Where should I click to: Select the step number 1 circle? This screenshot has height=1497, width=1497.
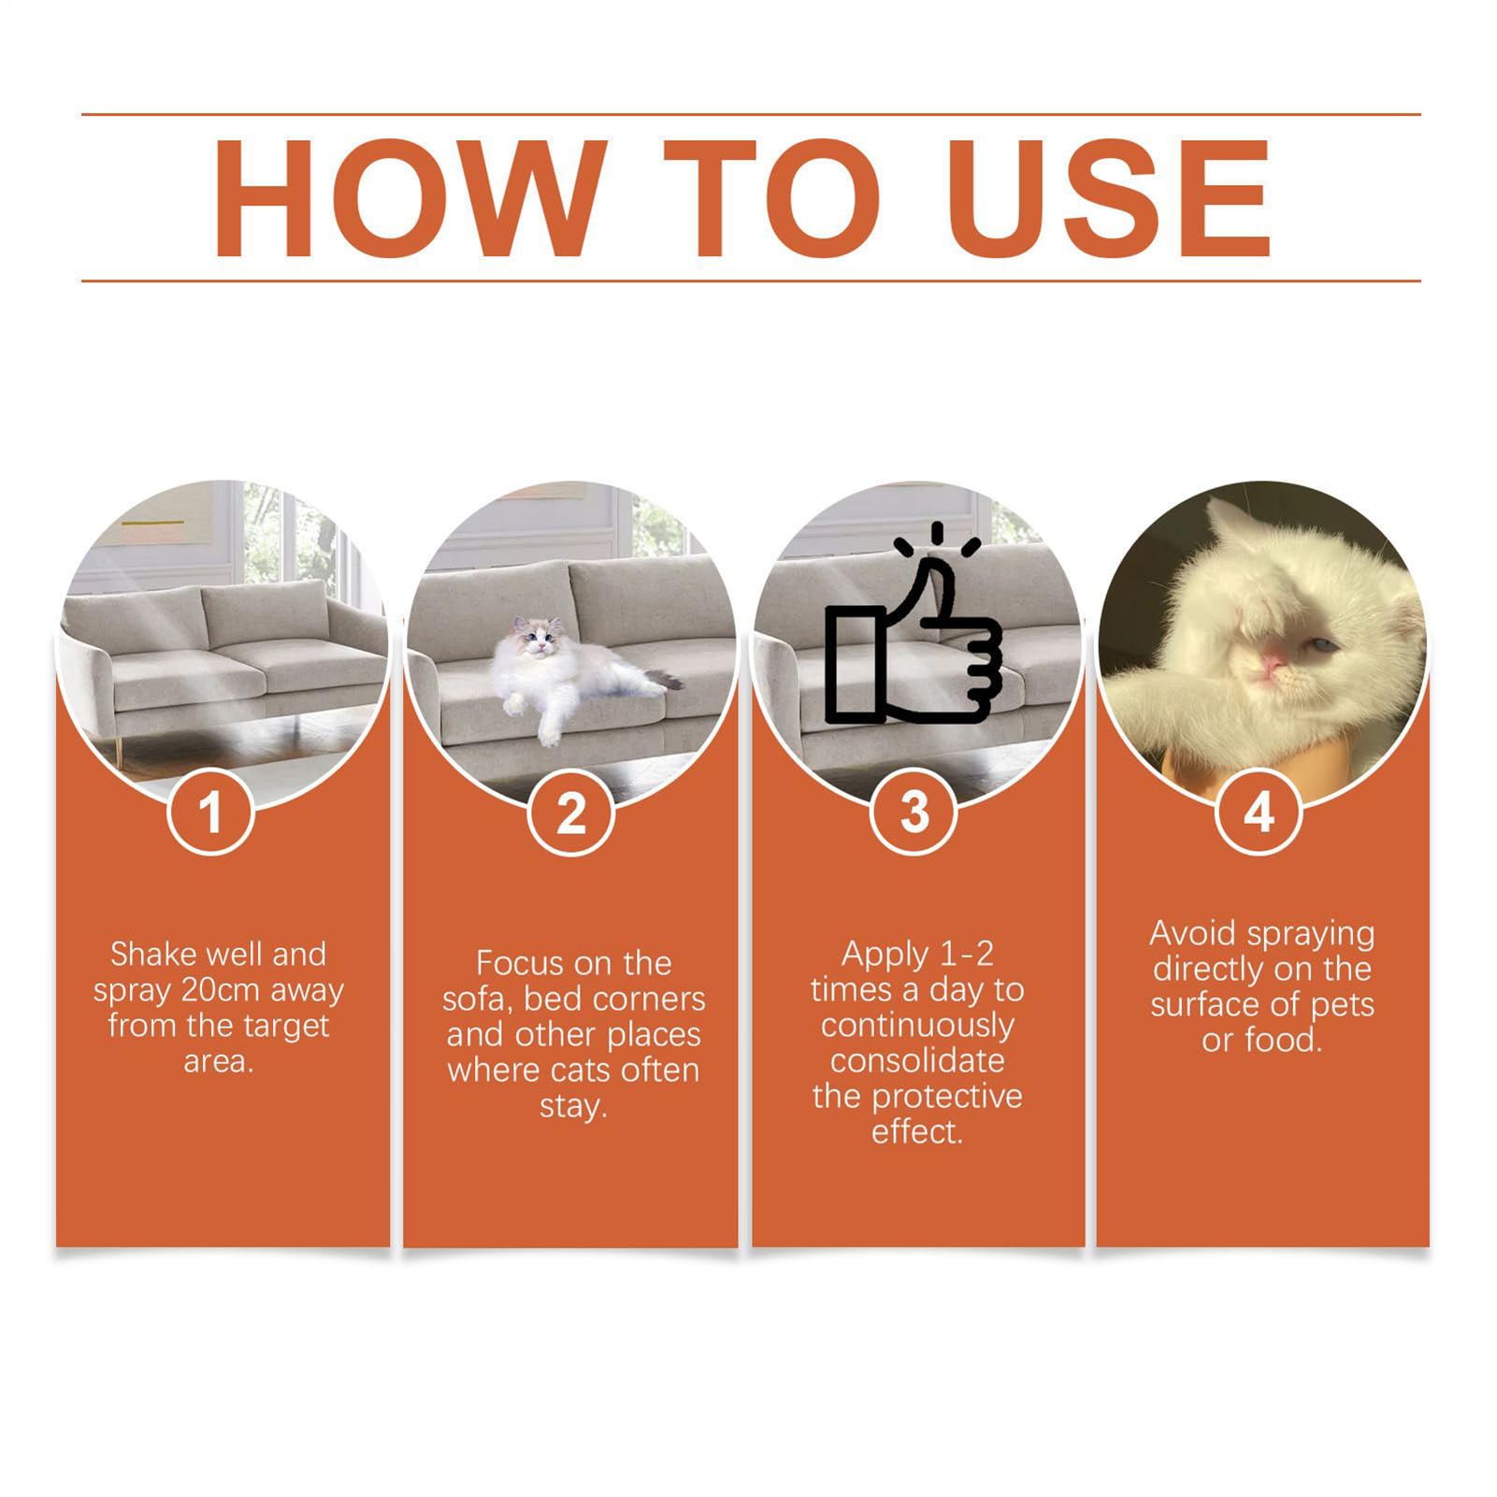[211, 812]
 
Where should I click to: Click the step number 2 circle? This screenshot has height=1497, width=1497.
[570, 812]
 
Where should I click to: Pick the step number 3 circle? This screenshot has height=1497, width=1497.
[915, 812]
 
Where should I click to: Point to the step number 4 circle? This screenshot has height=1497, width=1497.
[1259, 812]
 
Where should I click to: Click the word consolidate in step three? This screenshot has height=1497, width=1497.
[917, 1061]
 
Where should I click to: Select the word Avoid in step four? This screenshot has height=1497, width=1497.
[1191, 933]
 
